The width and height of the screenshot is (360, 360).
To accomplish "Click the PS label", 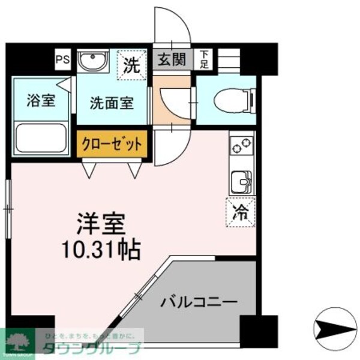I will (62, 59).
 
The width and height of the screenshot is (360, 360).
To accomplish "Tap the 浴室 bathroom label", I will (40, 100).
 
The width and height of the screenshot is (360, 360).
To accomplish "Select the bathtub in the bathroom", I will (40, 137).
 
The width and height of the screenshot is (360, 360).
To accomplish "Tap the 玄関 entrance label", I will (172, 60).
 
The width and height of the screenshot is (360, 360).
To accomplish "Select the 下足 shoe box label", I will (204, 60).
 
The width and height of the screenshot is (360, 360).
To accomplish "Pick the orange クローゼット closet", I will (112, 145).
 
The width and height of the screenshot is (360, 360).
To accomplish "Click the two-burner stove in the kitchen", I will (242, 146).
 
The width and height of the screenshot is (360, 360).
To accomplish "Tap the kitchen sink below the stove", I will (242, 180).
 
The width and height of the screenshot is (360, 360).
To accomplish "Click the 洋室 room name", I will (100, 225).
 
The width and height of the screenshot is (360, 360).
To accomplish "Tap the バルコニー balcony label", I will (199, 301).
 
